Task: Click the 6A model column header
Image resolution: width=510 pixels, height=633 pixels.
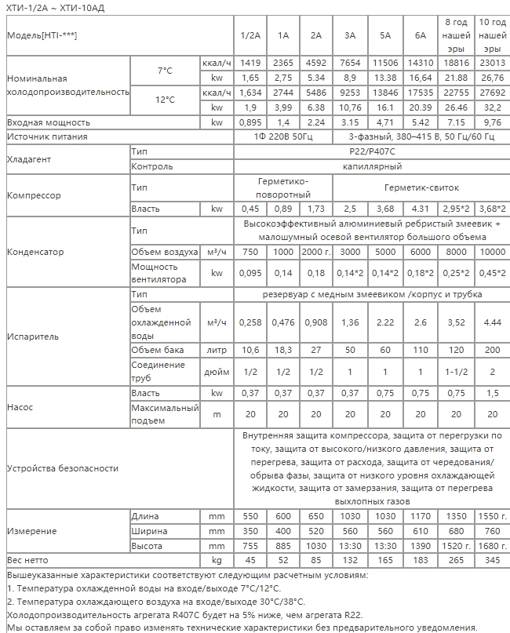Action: coord(421,36)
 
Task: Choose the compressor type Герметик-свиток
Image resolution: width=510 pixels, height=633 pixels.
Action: coord(421,188)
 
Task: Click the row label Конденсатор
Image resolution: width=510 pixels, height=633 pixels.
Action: coord(35,253)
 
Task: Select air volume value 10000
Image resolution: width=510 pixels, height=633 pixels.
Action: coord(492,253)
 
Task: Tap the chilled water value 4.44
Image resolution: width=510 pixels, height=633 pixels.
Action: coord(492,322)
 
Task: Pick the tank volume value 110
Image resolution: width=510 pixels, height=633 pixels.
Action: coord(421,350)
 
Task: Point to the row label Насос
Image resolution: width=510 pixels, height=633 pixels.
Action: coord(20,408)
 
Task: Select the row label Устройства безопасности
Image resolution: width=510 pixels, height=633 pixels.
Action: coord(62,468)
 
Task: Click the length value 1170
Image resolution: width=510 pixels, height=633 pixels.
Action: coord(421,517)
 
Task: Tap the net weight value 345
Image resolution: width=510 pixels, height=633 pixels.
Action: coord(492,560)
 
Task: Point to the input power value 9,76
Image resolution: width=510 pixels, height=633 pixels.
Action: coord(492,122)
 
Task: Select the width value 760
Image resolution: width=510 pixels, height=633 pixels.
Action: coord(492,531)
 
